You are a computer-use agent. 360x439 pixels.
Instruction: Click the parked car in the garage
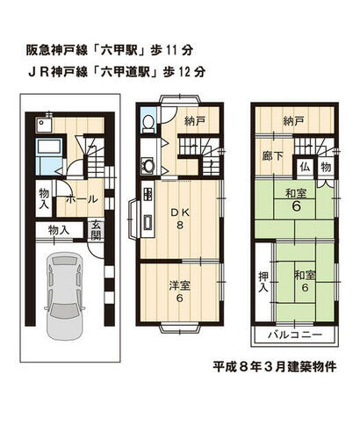(65, 296)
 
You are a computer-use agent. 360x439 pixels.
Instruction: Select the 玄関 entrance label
(96, 230)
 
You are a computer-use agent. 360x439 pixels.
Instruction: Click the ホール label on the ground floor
(82, 199)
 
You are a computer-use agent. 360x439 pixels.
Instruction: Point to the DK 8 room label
(180, 219)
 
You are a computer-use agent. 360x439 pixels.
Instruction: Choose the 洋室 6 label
(180, 291)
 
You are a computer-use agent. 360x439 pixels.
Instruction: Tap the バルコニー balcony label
(295, 335)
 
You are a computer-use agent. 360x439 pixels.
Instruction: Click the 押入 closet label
(263, 282)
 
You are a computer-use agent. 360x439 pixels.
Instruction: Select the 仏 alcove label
(305, 167)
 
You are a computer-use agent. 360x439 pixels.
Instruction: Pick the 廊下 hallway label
(272, 156)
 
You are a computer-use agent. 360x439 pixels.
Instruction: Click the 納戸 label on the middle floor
(195, 121)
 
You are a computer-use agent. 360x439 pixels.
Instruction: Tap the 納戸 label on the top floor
(293, 121)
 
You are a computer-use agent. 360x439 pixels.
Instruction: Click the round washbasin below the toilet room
(148, 165)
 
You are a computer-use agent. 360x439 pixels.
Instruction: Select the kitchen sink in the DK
(148, 223)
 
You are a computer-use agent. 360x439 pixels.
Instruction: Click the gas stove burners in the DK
(148, 193)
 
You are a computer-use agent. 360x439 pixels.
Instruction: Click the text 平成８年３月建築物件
(275, 366)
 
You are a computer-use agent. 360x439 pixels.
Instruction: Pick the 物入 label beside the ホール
(44, 198)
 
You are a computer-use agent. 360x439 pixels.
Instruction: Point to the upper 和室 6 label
(296, 200)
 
